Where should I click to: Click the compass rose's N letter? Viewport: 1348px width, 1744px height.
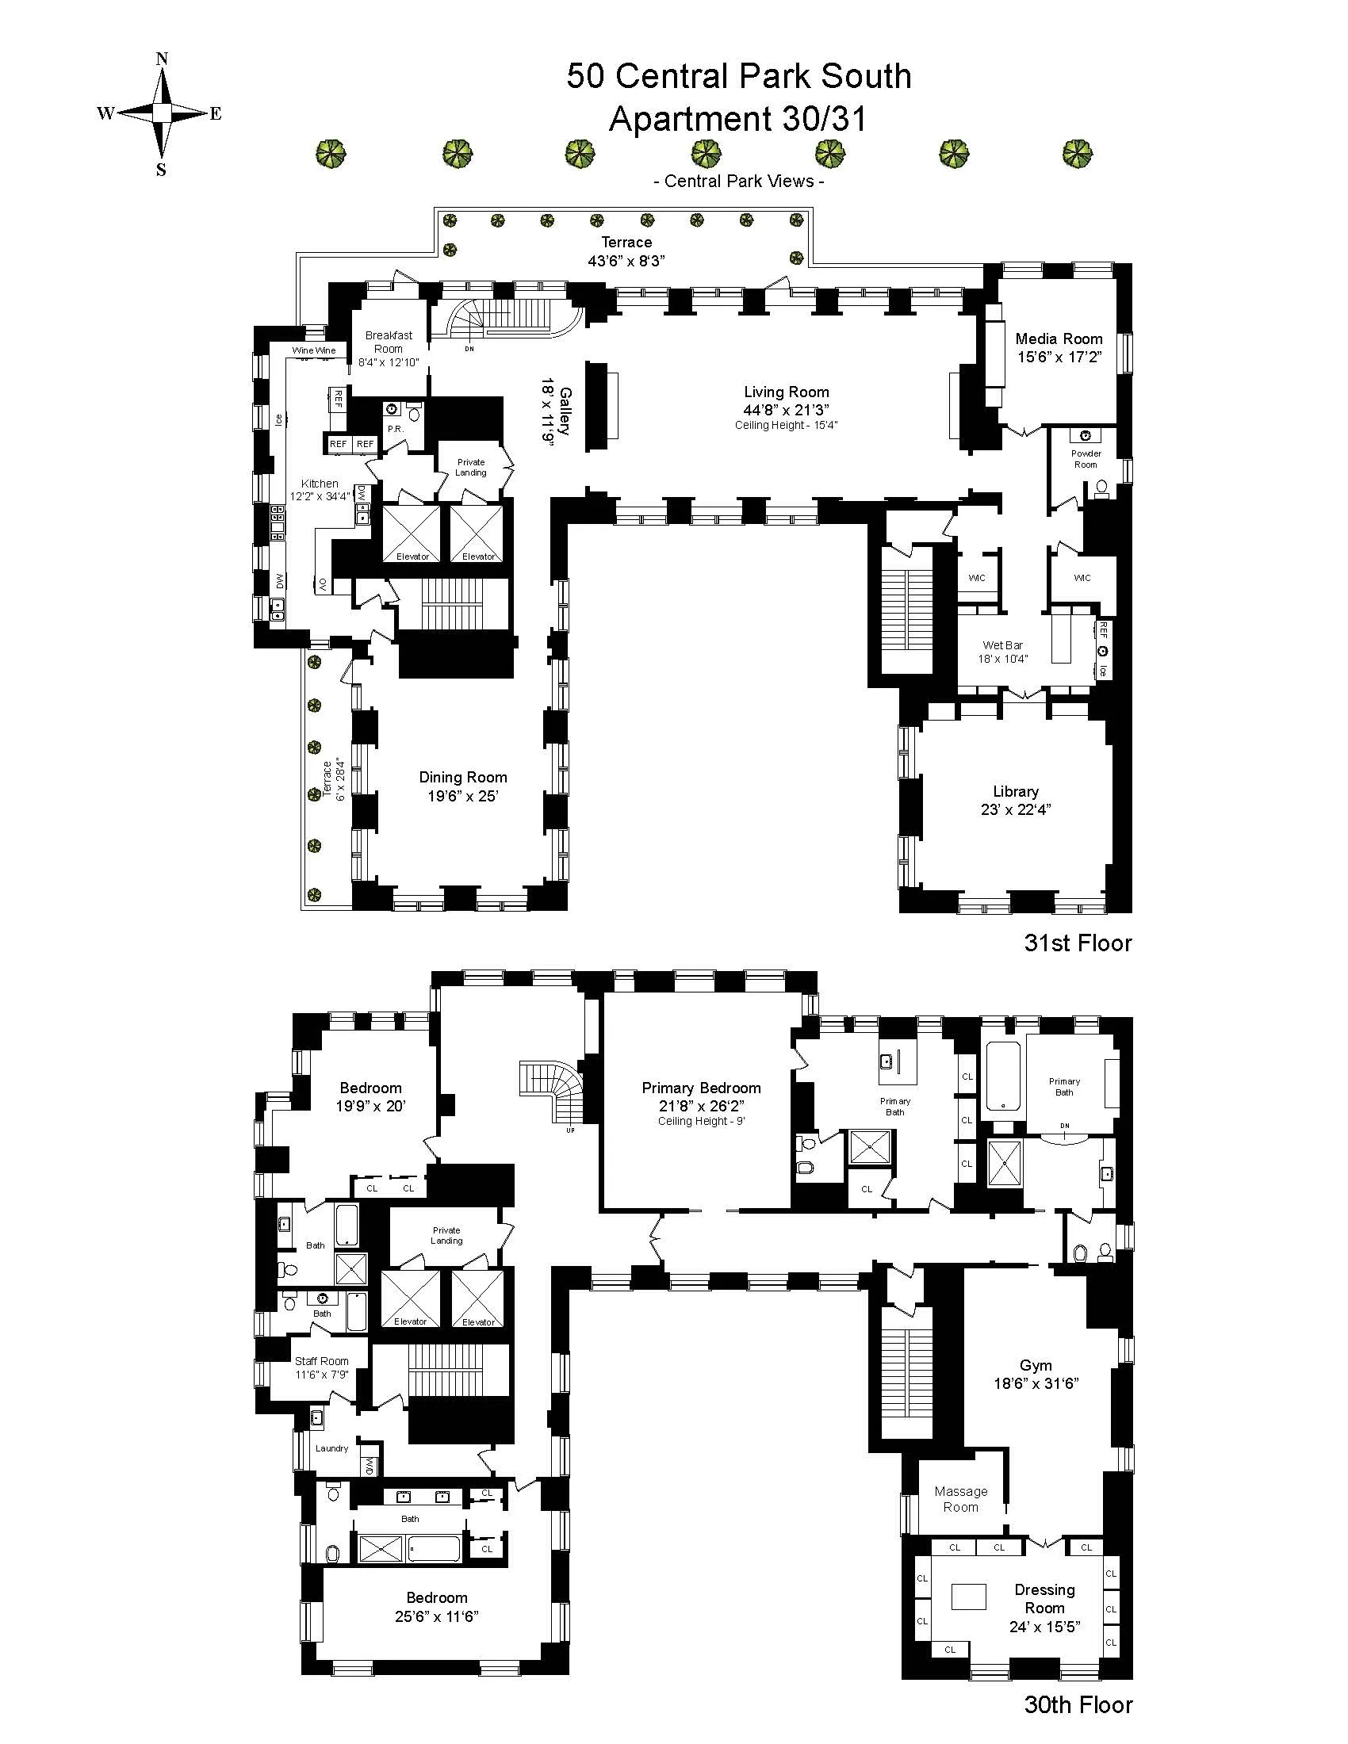(161, 59)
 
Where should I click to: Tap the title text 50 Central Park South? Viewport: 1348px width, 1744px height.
(739, 77)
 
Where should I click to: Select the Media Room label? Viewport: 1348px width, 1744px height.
(1059, 338)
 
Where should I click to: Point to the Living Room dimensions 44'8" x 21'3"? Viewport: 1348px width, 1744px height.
(786, 410)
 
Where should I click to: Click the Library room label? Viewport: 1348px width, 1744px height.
(1016, 791)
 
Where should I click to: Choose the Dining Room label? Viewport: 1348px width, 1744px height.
(463, 777)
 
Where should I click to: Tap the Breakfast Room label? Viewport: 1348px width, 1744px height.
(389, 342)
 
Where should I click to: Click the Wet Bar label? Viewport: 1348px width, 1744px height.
(1003, 644)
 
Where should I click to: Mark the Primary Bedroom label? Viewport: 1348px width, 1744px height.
(701, 1088)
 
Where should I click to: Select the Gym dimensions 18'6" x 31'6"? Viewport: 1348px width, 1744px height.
(1036, 1383)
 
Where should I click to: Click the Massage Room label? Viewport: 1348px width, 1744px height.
(961, 1499)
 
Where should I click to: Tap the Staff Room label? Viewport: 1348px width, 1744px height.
(321, 1361)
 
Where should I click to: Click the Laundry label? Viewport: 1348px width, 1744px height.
(331, 1448)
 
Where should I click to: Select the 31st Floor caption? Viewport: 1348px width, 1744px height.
(1078, 943)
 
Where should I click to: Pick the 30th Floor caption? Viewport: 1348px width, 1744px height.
(1078, 1705)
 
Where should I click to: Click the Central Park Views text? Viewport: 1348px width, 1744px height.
(739, 182)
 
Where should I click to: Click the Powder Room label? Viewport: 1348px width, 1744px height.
(1086, 458)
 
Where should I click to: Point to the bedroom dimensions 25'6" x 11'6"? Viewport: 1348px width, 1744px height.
(436, 1617)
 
